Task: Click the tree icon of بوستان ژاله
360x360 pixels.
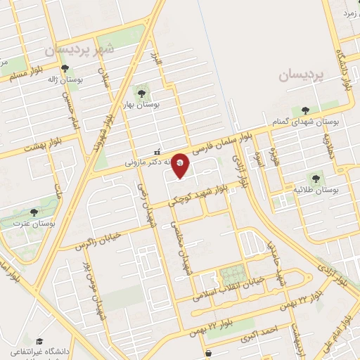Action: (x=65, y=69)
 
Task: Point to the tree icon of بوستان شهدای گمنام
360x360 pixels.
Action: (x=304, y=110)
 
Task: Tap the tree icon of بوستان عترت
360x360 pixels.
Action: (x=34, y=212)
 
